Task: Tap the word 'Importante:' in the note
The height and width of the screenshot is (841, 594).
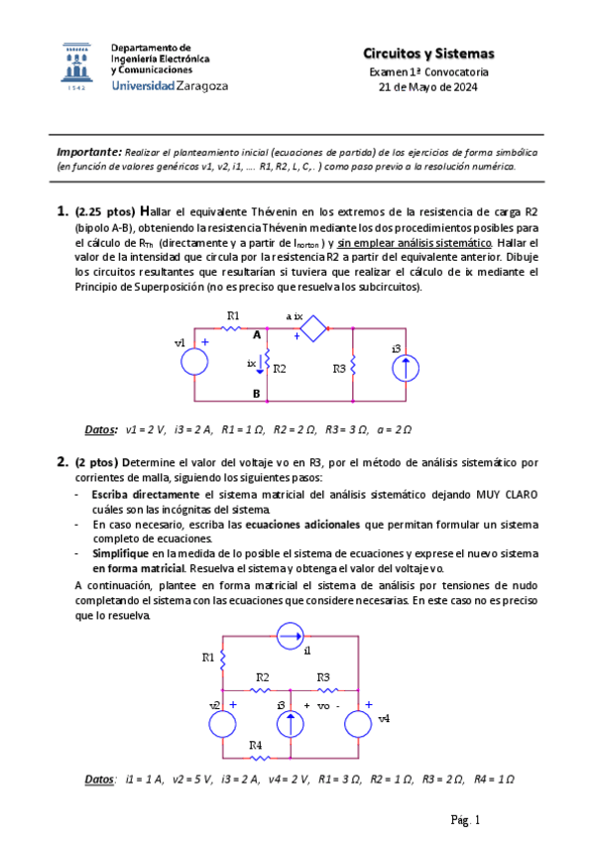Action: pos(87,152)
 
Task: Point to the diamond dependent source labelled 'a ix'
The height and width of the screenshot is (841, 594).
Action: pos(313,330)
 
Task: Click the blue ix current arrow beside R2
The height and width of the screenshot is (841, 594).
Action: pos(261,366)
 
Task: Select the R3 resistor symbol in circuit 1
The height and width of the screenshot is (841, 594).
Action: pos(354,366)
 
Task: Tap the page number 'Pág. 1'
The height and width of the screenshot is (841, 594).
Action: pos(465,819)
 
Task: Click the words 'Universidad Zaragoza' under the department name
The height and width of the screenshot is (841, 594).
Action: pos(170,86)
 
